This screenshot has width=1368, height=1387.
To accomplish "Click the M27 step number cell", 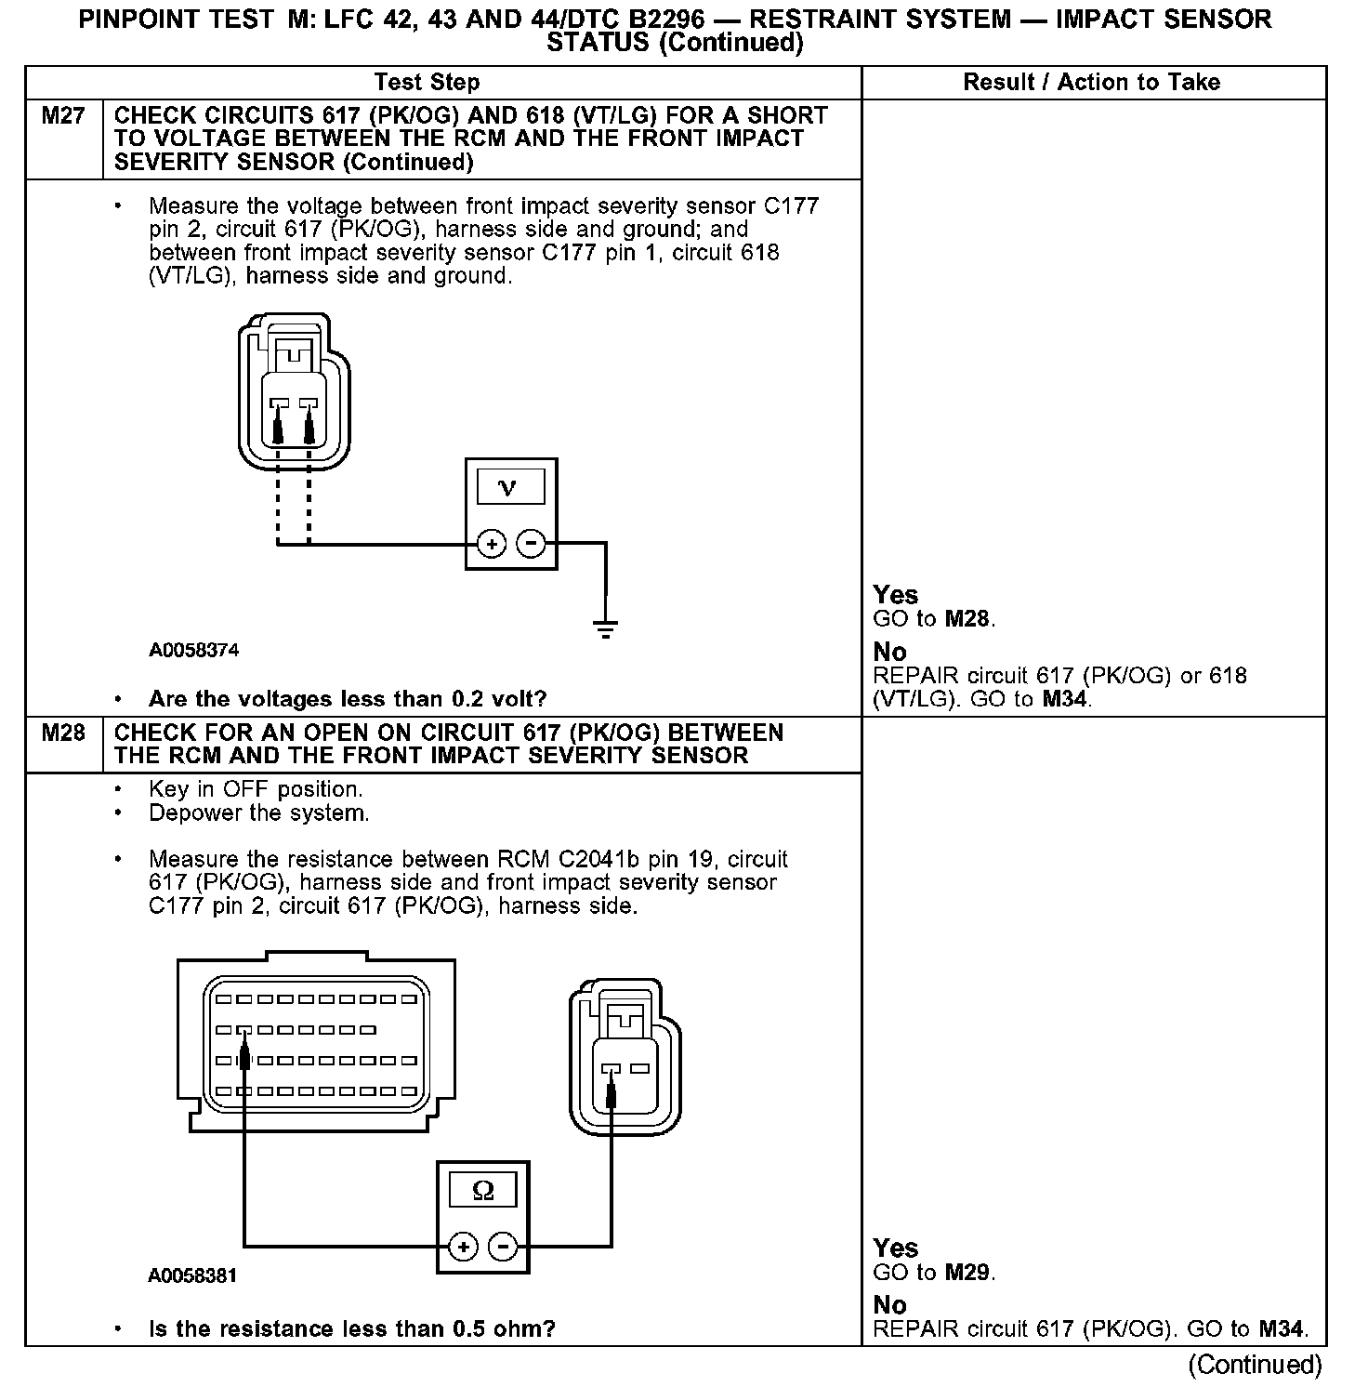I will click(x=63, y=117).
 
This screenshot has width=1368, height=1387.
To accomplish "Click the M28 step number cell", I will click(x=63, y=733).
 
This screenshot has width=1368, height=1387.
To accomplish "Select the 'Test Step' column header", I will click(x=427, y=83).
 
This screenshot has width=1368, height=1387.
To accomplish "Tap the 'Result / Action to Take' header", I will click(x=1091, y=83).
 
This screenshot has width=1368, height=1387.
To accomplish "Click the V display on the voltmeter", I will click(x=509, y=487).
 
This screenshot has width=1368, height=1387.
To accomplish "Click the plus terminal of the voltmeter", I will click(x=491, y=543).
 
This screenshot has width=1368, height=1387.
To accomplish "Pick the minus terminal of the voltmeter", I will click(x=531, y=543).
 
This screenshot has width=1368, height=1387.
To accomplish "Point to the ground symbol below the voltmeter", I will click(x=605, y=628).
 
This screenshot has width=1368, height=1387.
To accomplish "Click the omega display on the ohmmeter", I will click(x=483, y=1190).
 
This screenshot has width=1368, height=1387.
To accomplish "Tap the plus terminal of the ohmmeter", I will click(x=463, y=1246).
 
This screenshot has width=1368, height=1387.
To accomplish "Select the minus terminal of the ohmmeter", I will click(x=503, y=1246).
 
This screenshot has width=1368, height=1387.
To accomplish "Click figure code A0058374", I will click(x=193, y=651).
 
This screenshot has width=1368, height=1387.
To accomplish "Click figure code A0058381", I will click(x=192, y=1276).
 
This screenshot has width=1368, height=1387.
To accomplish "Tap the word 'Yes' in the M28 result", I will click(x=896, y=1248).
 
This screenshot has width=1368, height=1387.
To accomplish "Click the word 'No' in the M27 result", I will click(x=889, y=652).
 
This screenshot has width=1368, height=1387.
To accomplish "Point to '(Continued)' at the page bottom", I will click(x=1255, y=1364).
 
